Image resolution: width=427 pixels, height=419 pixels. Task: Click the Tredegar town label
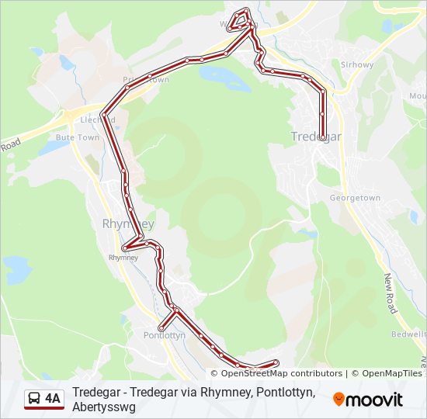coord(315,137)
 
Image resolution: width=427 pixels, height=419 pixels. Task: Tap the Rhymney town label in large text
coord(128,223)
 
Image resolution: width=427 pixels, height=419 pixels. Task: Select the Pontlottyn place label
coord(165,336)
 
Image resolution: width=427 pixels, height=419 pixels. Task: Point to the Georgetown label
coord(355,198)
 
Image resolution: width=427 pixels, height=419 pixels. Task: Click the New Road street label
coord(391,293)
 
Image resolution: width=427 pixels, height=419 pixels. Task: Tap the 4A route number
coord(53,399)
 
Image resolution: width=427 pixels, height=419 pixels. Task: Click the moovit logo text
coord(374,400)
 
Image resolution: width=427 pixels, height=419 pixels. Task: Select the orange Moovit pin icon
coord(338,400)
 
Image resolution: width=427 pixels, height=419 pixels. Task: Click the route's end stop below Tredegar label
coord(322,137)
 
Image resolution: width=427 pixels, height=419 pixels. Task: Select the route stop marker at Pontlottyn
coord(161,328)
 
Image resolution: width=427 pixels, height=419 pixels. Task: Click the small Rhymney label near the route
coord(123,257)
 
